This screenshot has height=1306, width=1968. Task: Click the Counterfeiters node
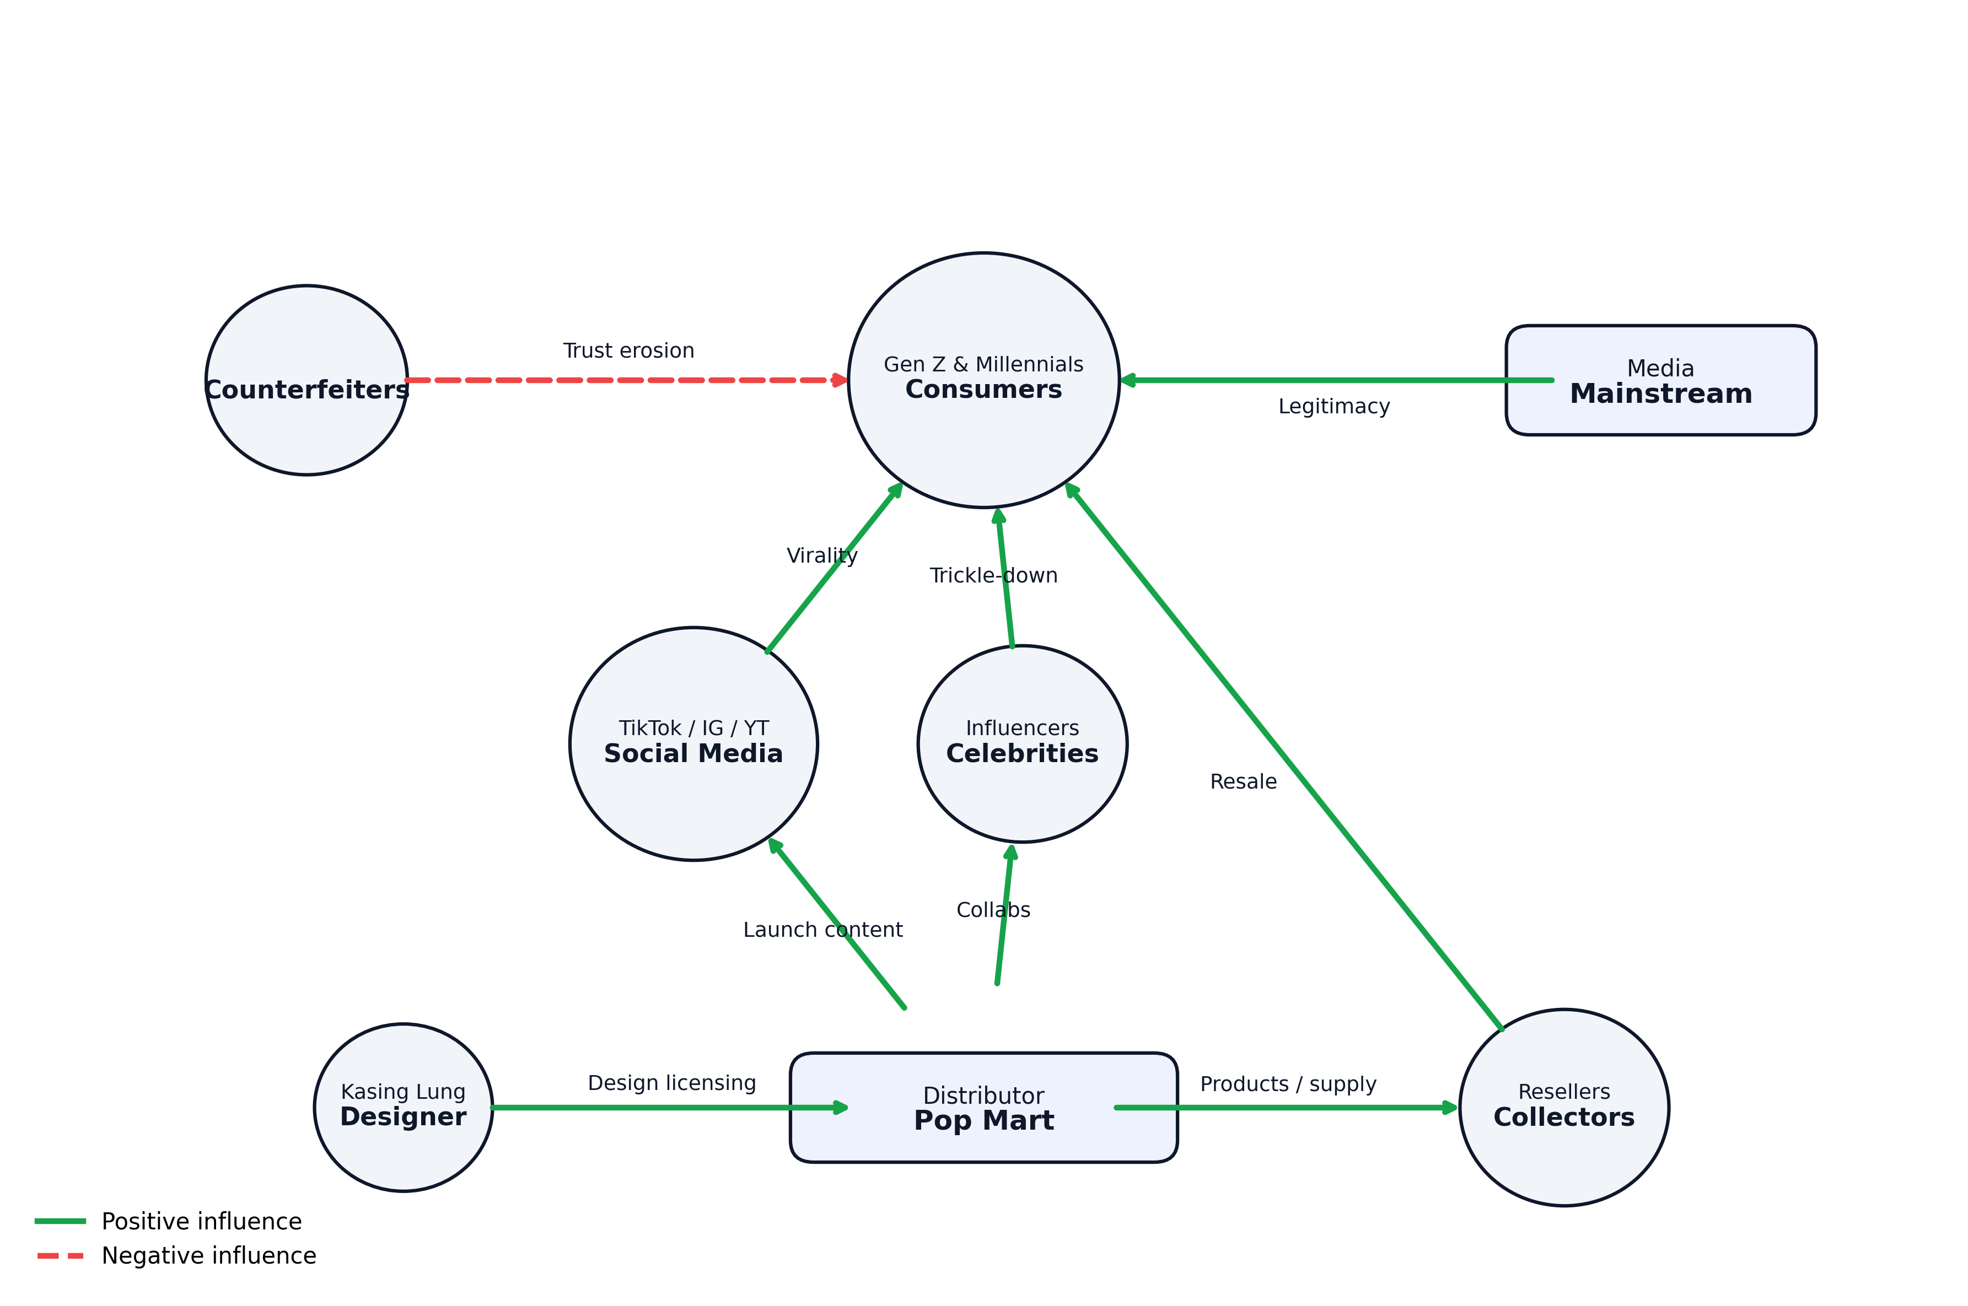[x=306, y=381]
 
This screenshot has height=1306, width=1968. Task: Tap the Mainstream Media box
[x=1660, y=381]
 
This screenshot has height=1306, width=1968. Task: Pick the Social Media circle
[x=693, y=744]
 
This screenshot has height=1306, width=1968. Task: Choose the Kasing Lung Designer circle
[x=404, y=1108]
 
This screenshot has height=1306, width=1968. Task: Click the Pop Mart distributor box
[x=983, y=1108]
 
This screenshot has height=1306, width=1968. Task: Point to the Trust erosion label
[x=628, y=350]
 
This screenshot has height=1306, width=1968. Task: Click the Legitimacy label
[x=1333, y=407]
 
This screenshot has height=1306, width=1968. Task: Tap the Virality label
[x=821, y=555]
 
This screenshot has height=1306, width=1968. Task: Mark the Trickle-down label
[x=993, y=575]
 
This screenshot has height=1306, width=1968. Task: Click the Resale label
[x=1243, y=781]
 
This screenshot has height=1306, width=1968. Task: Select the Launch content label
[x=822, y=930]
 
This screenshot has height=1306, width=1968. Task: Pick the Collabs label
[x=993, y=910]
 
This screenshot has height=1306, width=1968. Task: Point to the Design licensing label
[x=671, y=1083]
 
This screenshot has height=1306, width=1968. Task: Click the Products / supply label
[x=1287, y=1083]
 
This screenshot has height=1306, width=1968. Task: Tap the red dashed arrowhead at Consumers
[x=840, y=381]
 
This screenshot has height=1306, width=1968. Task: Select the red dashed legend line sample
[x=60, y=1255]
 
